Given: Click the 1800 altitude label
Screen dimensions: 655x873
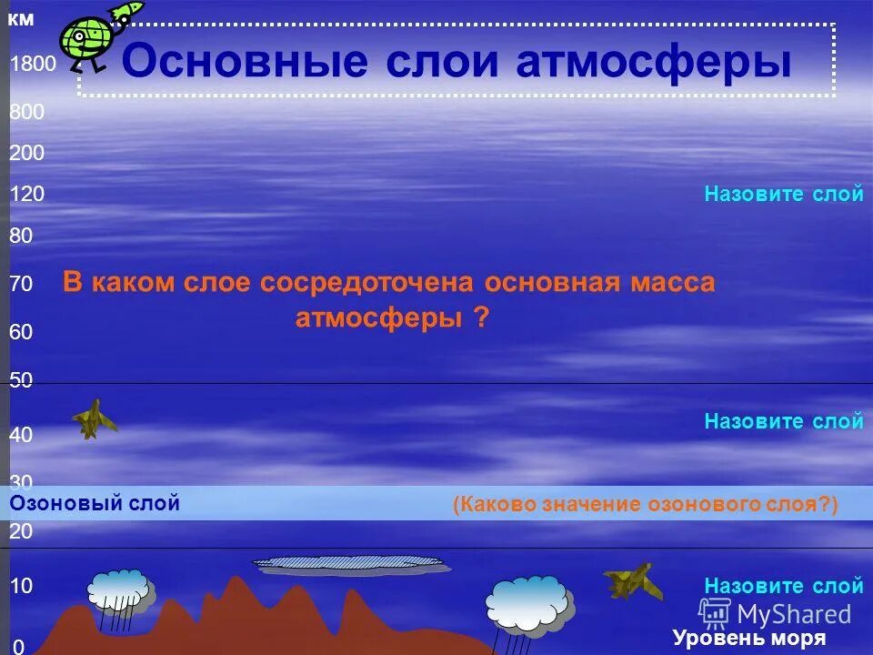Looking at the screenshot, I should point(33,65).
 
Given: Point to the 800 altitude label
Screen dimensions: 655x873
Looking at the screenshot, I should point(27,113).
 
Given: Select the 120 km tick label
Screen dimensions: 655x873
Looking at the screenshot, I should point(27,195).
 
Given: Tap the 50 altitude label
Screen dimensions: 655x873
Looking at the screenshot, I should point(22,381).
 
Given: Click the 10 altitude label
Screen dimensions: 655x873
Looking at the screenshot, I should point(22,587).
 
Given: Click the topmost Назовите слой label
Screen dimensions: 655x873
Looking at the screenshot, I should point(784,195).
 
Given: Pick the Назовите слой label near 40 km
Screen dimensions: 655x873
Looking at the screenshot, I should point(784,421).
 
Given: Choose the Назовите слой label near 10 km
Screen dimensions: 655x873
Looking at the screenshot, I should point(784,586).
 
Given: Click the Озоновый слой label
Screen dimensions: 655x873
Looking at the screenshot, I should point(95,503).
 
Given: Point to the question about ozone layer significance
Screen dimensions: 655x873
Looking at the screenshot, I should point(645,505).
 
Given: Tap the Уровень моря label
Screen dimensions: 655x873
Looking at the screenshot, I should point(749,638).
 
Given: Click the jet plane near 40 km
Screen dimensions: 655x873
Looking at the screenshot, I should point(94,418).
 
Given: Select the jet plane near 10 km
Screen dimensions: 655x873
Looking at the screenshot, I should point(633,580).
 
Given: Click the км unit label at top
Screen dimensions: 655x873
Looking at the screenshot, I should point(21,20).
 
